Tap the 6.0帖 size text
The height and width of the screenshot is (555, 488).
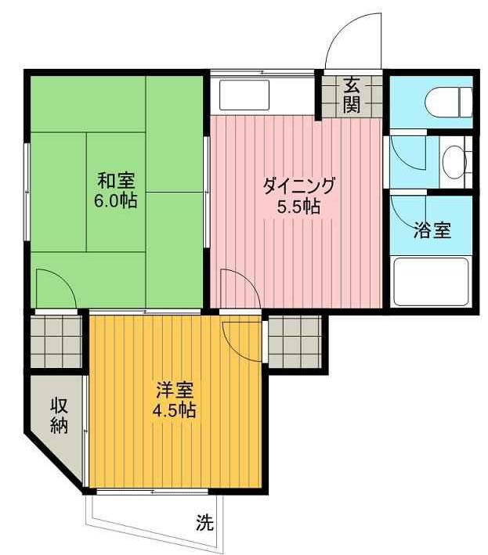tap(116, 200)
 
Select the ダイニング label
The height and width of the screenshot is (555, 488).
tap(298, 186)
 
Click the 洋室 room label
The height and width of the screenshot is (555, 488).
tap(174, 390)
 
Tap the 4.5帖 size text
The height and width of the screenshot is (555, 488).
tap(174, 409)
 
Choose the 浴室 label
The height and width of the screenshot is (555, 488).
tap(432, 231)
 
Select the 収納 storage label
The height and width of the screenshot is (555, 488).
tap(59, 415)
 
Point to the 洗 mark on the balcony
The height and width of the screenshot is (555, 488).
tap(204, 524)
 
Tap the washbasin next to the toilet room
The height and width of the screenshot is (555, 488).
tap(453, 162)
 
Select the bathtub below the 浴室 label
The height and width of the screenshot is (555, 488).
tap(431, 282)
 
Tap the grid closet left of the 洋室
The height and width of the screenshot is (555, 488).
tap(56, 340)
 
